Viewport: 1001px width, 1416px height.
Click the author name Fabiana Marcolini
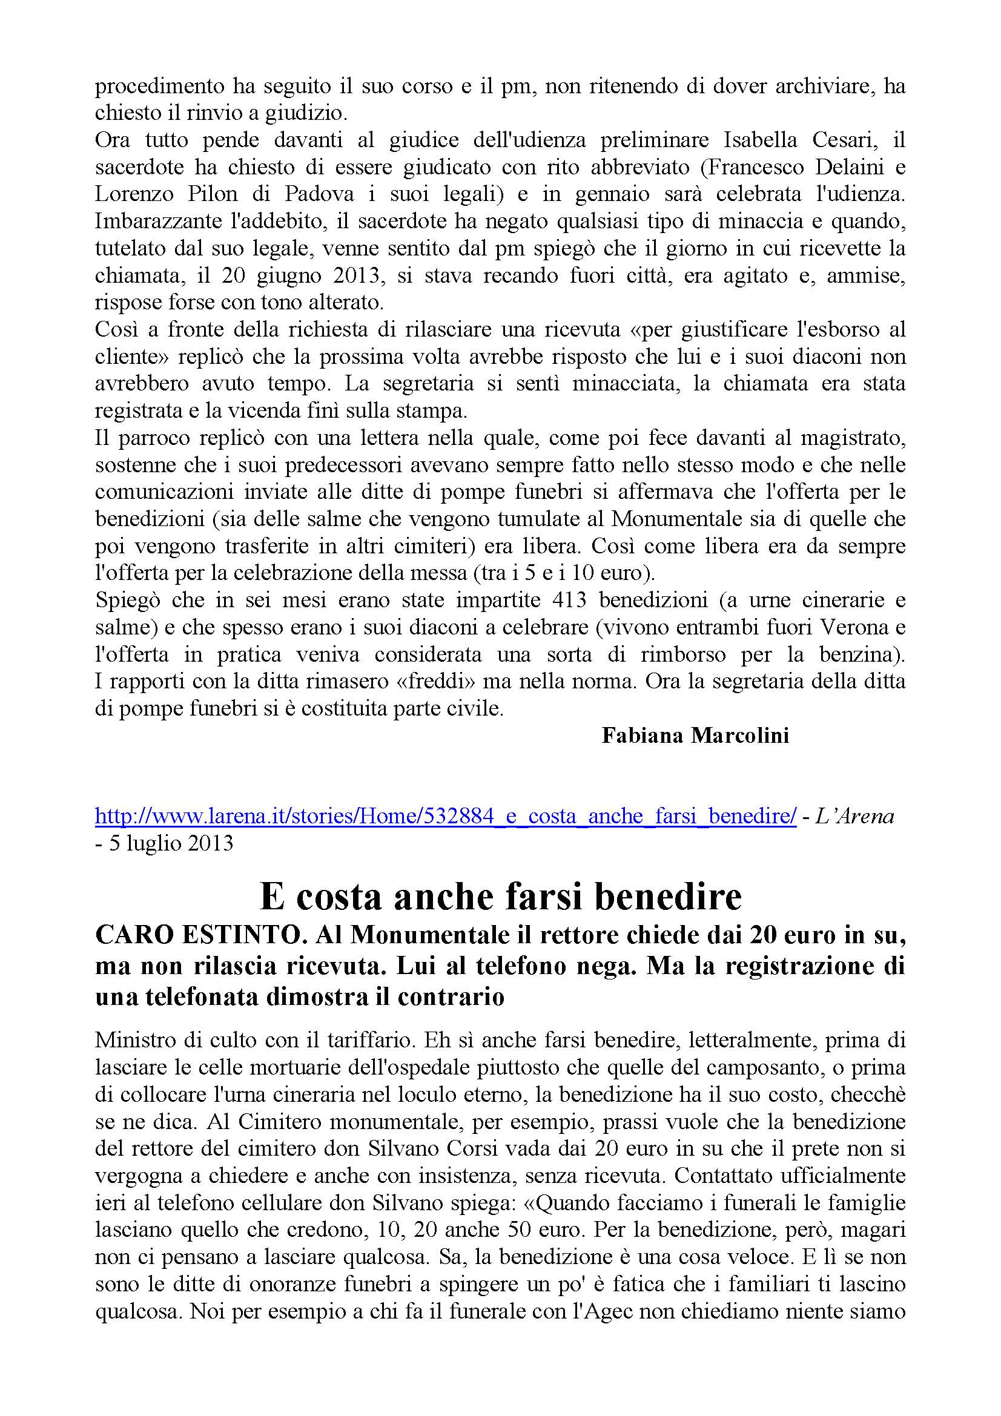(695, 736)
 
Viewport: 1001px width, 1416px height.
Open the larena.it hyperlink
(445, 816)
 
